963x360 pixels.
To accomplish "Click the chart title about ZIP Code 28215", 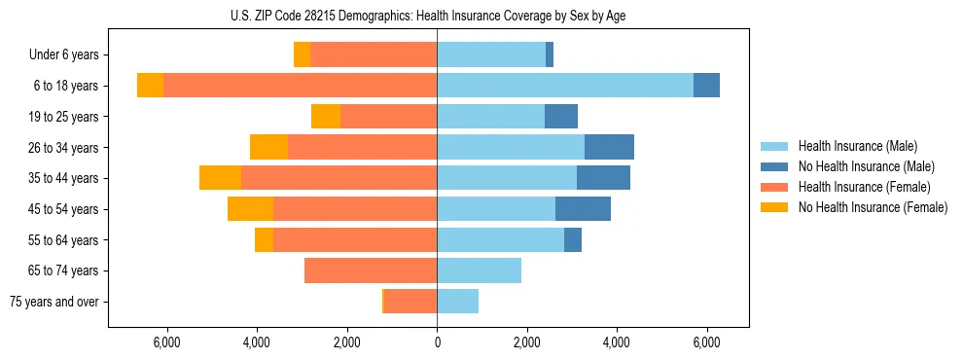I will coord(428,16).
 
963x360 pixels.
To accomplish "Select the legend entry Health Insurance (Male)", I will coord(857,146).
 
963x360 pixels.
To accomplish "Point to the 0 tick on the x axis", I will coord(437,342).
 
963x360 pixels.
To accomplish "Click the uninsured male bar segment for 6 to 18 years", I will coord(706,86).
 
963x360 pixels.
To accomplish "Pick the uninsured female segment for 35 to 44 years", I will coord(220,178).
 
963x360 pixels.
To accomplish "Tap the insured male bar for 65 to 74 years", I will coord(479,270).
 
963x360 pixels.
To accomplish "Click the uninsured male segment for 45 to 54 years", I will coord(583,209).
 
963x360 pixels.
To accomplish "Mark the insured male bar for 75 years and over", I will coord(457,302).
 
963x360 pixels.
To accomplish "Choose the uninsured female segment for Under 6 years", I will coord(302,54).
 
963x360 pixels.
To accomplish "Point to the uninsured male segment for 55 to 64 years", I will coord(573,239).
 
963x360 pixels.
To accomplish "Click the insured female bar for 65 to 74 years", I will coord(371,270).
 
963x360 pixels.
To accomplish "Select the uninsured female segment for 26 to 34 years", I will coord(268,147).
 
